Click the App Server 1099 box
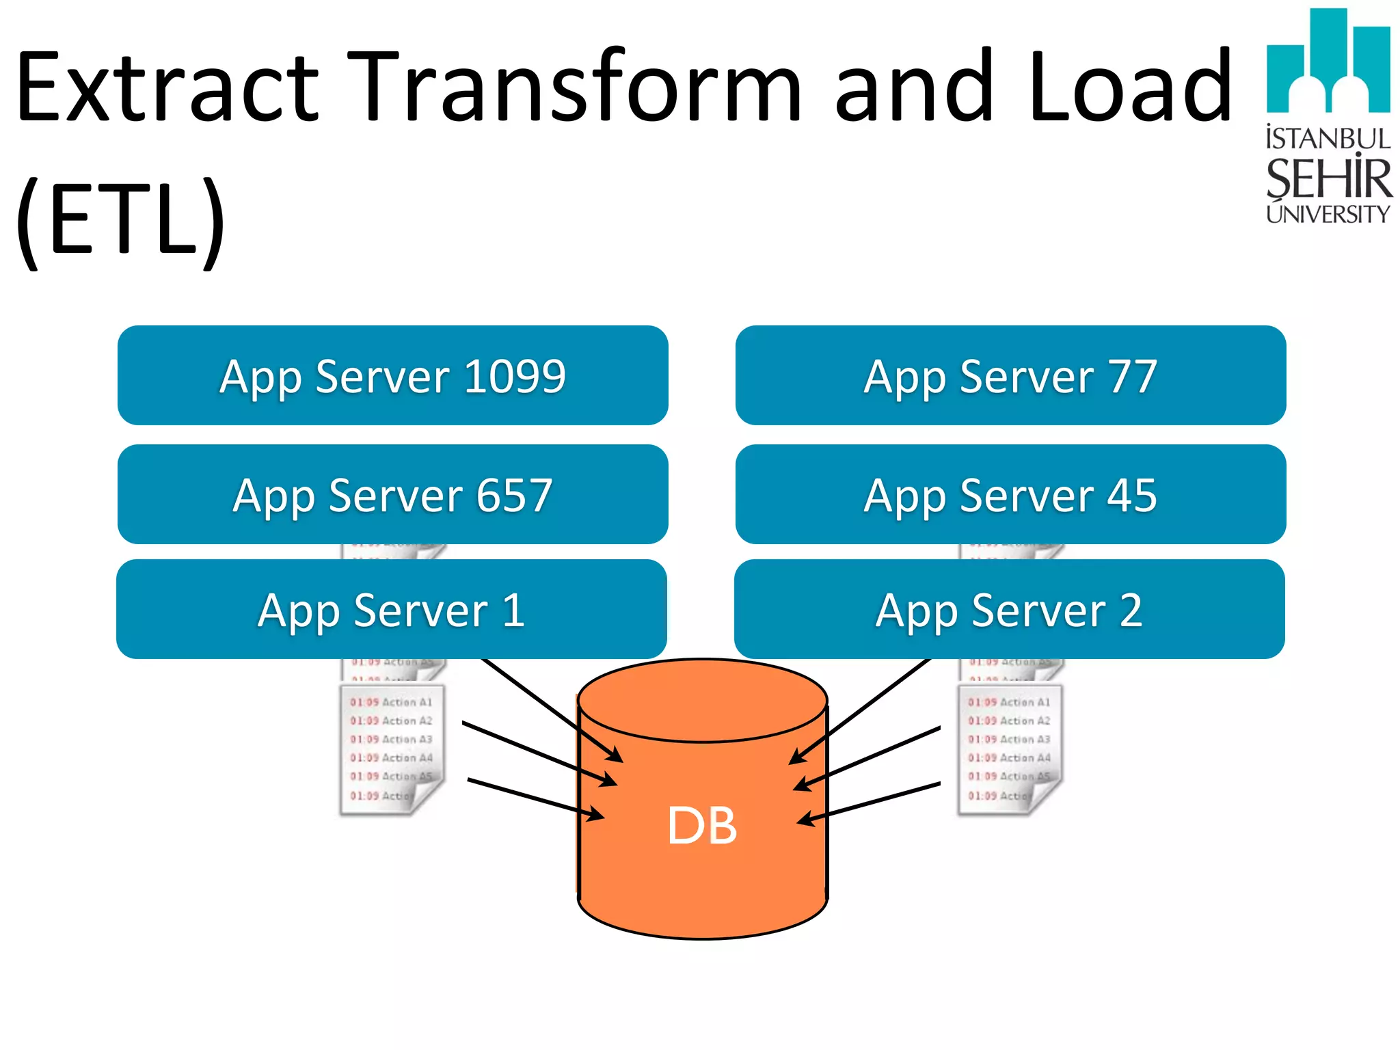coord(392,375)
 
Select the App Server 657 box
coord(392,494)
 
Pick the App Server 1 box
coord(391,609)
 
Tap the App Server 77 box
coord(1010,375)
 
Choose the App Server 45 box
coord(1010,494)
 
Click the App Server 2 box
coord(1009,609)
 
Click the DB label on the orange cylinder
coord(702,826)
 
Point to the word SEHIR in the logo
coord(1328,179)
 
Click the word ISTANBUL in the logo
coord(1328,139)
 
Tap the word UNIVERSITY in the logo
coord(1328,214)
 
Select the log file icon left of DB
coord(392,749)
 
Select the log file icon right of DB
coord(1010,749)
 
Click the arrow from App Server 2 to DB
coord(861,711)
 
